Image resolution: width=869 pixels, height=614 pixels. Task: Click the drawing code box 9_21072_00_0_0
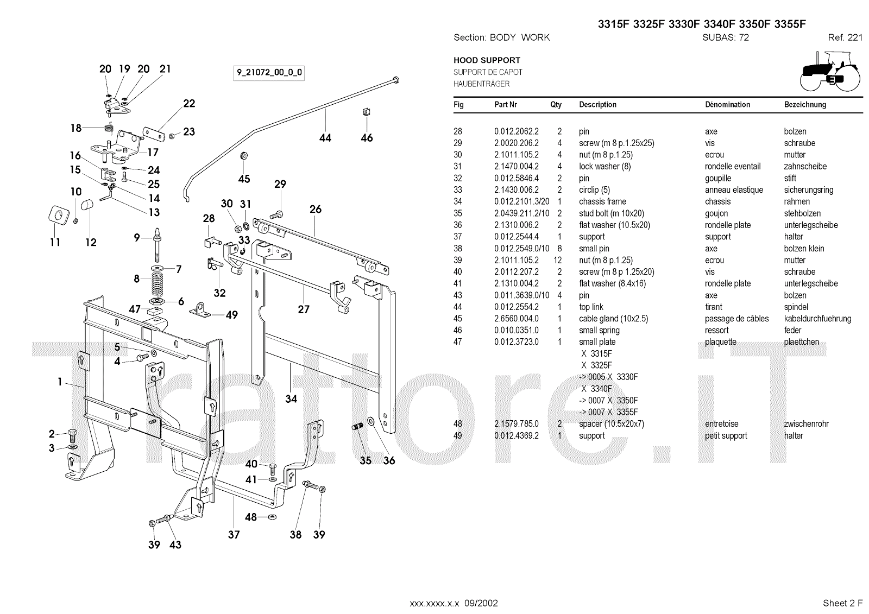[x=269, y=73]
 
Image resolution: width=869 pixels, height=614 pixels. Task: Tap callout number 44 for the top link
[x=325, y=138]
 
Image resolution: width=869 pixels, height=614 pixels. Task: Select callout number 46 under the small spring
[x=367, y=138]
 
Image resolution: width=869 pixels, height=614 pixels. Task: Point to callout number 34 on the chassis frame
[x=291, y=398]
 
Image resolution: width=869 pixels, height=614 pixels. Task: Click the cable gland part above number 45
[x=244, y=156]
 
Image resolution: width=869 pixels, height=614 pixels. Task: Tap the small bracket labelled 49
[x=200, y=311]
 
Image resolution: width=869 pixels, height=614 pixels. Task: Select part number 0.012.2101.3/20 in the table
[x=522, y=202]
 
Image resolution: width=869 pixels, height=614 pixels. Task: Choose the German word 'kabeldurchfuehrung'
[x=817, y=319]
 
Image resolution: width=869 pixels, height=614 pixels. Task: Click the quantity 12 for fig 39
[x=557, y=260]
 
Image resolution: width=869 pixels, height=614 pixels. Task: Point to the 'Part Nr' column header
[x=506, y=105]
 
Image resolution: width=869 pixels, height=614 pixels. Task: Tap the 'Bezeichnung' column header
[x=805, y=105]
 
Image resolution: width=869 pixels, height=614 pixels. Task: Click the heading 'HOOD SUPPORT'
[x=487, y=60]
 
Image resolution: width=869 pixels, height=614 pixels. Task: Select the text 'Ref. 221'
[x=845, y=37]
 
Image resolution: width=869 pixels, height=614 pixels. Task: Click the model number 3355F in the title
[x=790, y=24]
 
